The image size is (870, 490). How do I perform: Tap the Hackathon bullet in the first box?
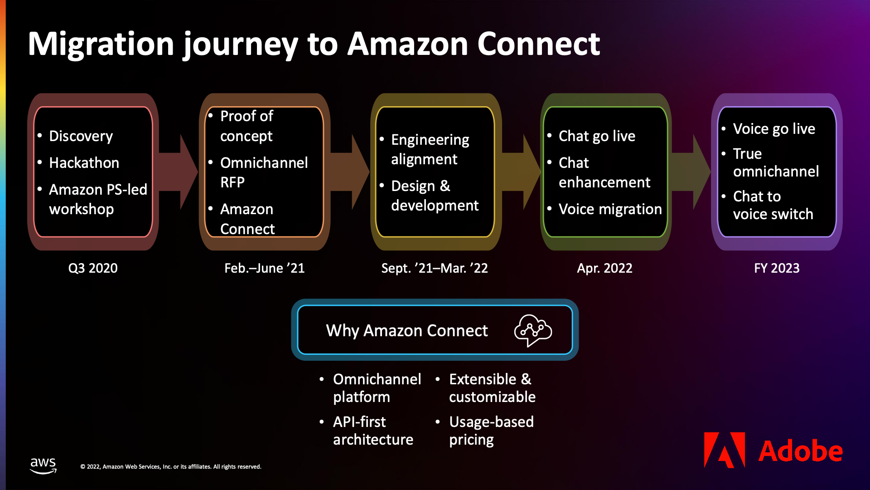point(84,163)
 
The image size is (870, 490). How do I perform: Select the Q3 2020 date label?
point(93,268)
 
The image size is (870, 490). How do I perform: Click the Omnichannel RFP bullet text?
point(263,172)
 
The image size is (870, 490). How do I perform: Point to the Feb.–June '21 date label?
point(264,268)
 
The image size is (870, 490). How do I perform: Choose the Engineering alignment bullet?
point(430,149)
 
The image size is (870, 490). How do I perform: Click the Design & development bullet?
point(434,196)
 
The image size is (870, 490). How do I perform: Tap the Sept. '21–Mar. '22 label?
point(434,268)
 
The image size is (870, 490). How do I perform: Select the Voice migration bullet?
point(609,209)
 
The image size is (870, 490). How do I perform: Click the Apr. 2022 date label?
point(604,268)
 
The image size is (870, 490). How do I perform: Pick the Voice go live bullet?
point(773,129)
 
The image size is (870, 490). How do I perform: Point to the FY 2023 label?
point(777,268)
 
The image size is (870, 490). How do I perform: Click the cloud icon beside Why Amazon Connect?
point(533,330)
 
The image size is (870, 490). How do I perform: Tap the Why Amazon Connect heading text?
point(406,330)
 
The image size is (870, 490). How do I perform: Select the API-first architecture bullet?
point(372,431)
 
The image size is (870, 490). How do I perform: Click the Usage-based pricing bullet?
point(491,431)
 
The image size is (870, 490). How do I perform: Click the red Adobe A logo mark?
point(724,450)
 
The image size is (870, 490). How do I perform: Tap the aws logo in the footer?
point(43,465)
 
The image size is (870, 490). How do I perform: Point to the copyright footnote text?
point(171,467)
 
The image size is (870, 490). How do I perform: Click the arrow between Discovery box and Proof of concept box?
point(179,172)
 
